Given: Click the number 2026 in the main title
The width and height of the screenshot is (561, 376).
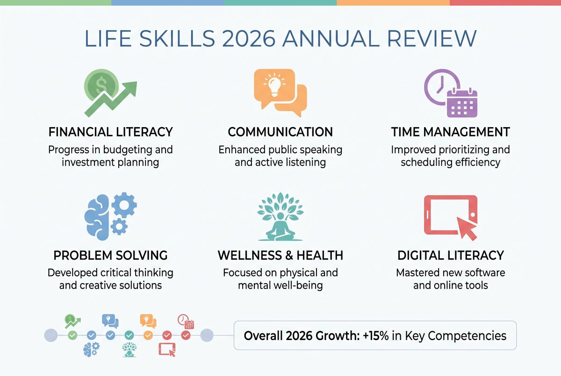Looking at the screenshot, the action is pos(249,38).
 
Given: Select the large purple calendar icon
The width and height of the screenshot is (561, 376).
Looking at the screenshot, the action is pos(462,103).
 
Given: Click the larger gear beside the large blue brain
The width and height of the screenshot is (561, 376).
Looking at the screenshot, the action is pos(124,205).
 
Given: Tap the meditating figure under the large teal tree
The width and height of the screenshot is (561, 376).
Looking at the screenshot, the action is pos(280,227).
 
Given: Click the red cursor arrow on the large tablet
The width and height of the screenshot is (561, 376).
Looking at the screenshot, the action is pos(467,228).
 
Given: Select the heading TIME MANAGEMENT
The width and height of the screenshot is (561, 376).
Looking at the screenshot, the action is pos(450,132).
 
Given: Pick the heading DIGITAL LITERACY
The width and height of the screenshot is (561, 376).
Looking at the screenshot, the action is pos(451,255).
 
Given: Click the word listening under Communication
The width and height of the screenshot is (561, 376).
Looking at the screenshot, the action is pos(306,163).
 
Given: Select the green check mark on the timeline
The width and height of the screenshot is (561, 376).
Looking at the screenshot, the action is pos(72,335).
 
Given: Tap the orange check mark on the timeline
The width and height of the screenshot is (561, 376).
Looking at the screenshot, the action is pos(148,335).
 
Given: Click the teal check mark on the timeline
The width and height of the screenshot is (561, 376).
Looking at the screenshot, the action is pos(129,335).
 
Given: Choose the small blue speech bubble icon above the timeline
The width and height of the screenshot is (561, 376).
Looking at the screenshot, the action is pos(110,321).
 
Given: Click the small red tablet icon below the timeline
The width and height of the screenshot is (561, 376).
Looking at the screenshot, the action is pos(167,349).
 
